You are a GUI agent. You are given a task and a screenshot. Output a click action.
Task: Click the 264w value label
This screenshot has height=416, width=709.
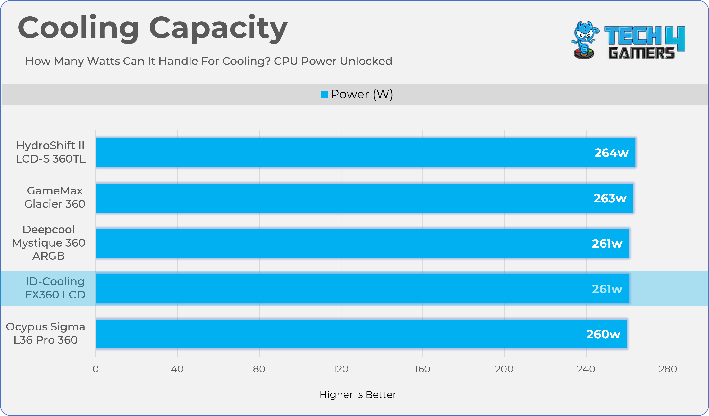click(611, 153)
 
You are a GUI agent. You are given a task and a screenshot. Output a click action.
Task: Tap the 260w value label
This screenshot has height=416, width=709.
click(603, 334)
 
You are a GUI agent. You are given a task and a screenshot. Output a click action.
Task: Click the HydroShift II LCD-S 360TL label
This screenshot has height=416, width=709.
click(51, 152)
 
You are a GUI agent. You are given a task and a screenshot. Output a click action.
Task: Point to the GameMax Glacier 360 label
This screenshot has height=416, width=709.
click(54, 197)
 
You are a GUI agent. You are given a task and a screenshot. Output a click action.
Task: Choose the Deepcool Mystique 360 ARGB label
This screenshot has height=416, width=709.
click(48, 243)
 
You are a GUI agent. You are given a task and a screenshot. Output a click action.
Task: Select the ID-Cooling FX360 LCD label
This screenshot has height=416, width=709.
click(55, 288)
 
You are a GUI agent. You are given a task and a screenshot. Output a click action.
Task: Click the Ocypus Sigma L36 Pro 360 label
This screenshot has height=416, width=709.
click(45, 333)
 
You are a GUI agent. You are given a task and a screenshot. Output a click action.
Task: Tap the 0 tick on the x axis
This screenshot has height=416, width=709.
click(96, 369)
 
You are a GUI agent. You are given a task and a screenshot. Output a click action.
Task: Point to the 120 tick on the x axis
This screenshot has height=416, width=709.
click(341, 369)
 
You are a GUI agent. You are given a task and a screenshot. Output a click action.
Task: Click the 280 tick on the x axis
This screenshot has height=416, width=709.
click(668, 369)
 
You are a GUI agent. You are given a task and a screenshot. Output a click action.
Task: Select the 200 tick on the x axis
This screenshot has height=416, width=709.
click(504, 369)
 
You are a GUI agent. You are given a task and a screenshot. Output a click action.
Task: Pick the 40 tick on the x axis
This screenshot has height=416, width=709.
click(177, 369)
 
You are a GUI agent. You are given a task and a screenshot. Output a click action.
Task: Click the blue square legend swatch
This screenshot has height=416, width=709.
click(324, 95)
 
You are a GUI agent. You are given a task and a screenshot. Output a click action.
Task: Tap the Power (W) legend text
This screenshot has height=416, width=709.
click(362, 94)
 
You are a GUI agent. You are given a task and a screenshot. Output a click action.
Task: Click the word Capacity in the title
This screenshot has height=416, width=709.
click(218, 28)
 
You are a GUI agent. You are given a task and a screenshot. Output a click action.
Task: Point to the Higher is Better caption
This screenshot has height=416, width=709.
click(358, 395)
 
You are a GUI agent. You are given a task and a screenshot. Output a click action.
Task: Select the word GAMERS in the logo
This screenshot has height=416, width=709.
click(641, 53)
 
